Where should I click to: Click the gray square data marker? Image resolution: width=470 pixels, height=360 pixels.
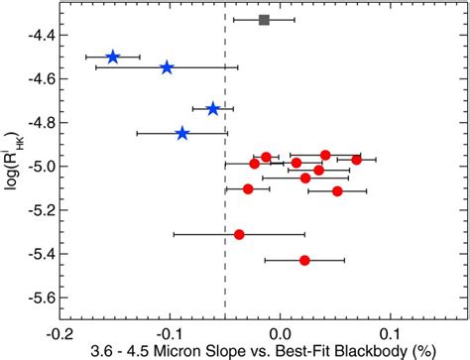[264, 20]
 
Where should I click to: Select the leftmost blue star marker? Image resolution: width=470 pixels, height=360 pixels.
[113, 57]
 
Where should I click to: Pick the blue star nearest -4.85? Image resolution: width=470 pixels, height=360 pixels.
[182, 134]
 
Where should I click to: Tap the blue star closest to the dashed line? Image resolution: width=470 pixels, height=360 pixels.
[213, 109]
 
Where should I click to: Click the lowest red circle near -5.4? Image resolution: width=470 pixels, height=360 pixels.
[304, 261]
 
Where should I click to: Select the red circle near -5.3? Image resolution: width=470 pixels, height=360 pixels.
[239, 235]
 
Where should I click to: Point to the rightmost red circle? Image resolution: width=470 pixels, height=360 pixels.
[356, 160]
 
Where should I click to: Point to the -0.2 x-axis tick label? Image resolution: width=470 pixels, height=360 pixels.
[59, 334]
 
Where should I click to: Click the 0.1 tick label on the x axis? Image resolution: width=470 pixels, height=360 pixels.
[391, 334]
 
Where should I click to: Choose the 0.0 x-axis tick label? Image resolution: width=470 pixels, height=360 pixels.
[281, 334]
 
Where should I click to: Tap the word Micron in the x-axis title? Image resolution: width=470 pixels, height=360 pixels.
[172, 351]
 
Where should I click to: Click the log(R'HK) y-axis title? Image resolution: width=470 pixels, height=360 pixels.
[13, 161]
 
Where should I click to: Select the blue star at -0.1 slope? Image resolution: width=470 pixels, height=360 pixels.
[168, 67]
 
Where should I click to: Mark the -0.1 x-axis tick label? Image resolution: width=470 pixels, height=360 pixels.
[170, 334]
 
